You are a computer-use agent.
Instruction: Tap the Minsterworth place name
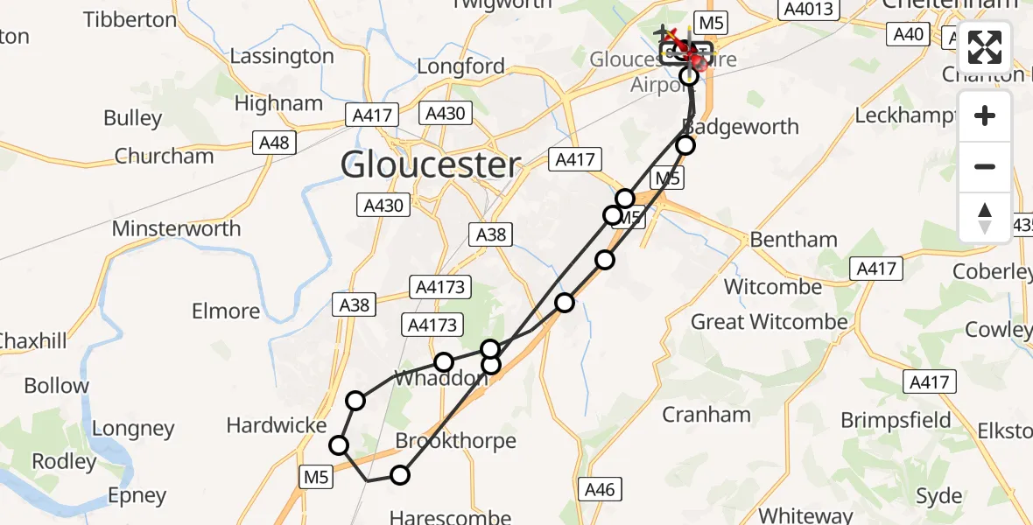tap(176, 229)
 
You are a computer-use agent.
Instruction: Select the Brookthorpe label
tap(455, 440)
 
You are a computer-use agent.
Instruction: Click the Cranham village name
tap(706, 414)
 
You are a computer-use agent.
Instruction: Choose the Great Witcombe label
tap(769, 322)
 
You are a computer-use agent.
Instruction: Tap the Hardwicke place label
tap(276, 425)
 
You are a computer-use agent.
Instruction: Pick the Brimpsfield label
tap(896, 420)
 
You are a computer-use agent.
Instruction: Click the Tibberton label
tap(130, 19)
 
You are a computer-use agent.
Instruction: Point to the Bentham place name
tap(793, 240)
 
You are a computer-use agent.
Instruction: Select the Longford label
tap(460, 66)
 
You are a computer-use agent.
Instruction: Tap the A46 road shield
tap(600, 489)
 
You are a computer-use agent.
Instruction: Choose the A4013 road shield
tap(810, 9)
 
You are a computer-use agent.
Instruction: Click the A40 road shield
tap(909, 35)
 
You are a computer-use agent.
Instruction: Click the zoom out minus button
tap(985, 166)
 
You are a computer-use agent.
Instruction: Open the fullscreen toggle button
tap(985, 47)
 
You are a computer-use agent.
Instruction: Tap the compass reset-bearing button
tap(985, 216)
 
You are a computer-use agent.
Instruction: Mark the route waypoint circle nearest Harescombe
tap(400, 475)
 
